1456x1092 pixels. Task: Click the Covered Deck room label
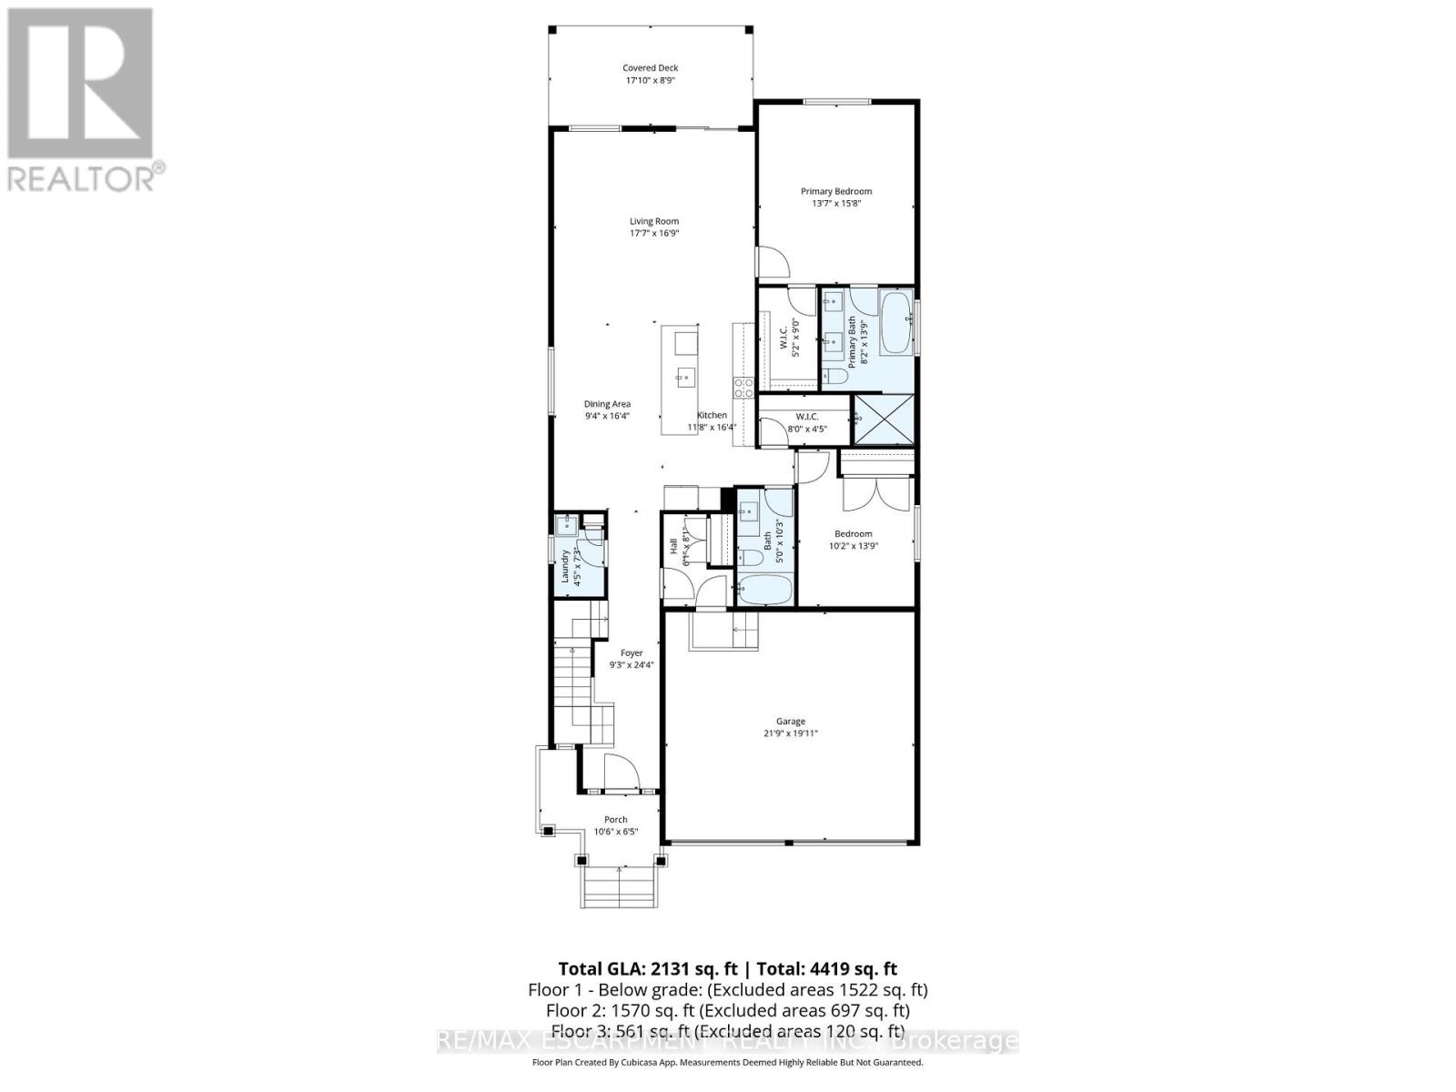tap(650, 68)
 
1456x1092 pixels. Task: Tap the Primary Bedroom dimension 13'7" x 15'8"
tap(835, 204)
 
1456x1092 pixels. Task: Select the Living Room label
tap(654, 221)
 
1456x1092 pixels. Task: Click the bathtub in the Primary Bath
tap(895, 323)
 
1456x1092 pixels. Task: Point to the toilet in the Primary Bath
tap(835, 375)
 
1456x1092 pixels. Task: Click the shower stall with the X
tap(882, 420)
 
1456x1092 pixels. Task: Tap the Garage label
tap(790, 722)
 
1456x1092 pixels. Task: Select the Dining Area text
tap(607, 404)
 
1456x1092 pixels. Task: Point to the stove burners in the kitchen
tap(743, 389)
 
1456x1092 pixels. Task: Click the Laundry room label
tap(565, 566)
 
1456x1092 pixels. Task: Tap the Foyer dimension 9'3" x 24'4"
tap(632, 665)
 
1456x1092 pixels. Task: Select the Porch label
tap(616, 820)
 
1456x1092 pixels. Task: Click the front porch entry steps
tap(618, 888)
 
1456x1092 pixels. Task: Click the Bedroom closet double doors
tap(876, 497)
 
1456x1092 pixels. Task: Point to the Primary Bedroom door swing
tap(773, 263)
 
